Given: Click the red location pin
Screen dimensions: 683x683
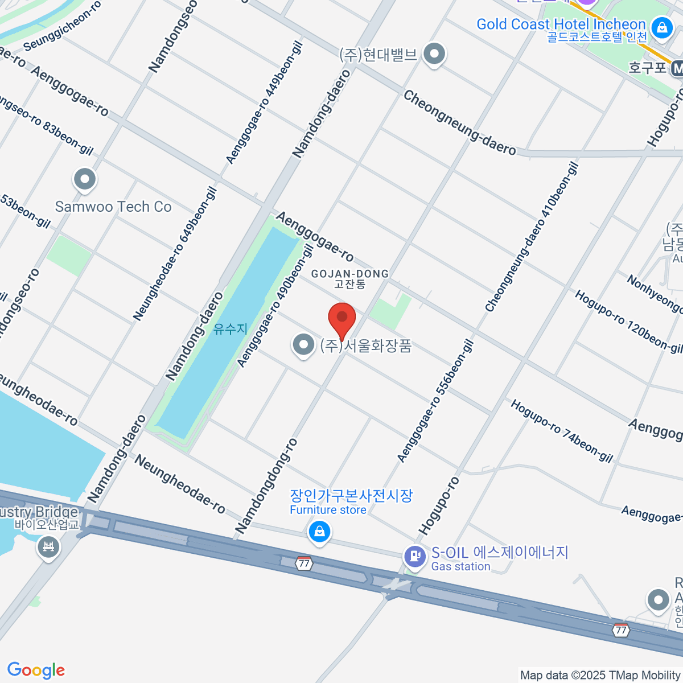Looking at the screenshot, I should (x=342, y=319).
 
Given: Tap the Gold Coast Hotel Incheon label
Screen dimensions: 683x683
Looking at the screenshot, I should (x=561, y=24).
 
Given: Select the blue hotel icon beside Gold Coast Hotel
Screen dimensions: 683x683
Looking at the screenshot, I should (x=661, y=27).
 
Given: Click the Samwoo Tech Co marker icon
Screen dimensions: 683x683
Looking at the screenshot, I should (x=85, y=180).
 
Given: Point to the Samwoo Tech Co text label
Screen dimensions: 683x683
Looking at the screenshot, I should (x=113, y=207).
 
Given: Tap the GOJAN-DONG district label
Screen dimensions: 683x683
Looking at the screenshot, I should (x=349, y=274).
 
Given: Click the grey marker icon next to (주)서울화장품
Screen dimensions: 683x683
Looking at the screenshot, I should (x=303, y=344).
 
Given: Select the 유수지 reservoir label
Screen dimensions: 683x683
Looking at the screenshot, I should (x=231, y=329).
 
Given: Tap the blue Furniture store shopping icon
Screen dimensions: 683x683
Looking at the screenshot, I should (x=319, y=532).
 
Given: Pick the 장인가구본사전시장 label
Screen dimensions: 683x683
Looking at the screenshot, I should (x=351, y=496).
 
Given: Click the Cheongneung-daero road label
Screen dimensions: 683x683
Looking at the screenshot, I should (x=459, y=123).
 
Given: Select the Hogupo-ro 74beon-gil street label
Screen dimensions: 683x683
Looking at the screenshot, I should (x=561, y=431).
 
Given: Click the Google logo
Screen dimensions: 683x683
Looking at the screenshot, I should (x=36, y=670).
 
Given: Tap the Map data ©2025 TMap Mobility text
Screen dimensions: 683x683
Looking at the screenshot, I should (x=600, y=676).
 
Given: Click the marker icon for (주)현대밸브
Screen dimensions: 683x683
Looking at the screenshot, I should (x=435, y=55).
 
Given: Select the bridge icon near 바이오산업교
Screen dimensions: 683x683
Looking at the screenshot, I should (x=48, y=548).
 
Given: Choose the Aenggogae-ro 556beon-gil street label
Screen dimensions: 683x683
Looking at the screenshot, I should (x=435, y=401).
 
